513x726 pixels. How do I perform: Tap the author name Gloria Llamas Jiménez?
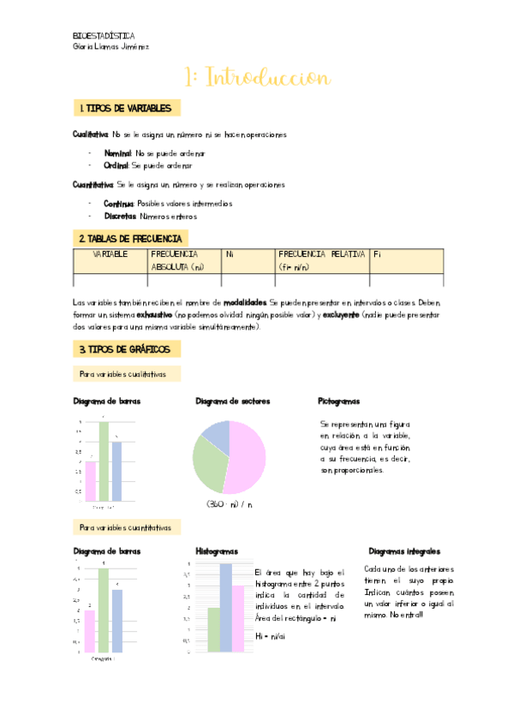111,47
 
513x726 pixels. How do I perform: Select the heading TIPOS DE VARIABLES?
128,109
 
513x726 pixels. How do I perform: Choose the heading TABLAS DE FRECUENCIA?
132,238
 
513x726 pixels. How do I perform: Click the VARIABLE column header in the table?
110,254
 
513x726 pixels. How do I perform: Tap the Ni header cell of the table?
230,254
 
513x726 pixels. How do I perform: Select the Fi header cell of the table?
378,254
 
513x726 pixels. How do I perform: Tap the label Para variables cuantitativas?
125,527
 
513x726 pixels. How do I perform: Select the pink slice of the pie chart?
245,458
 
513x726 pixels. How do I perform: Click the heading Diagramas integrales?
403,551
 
